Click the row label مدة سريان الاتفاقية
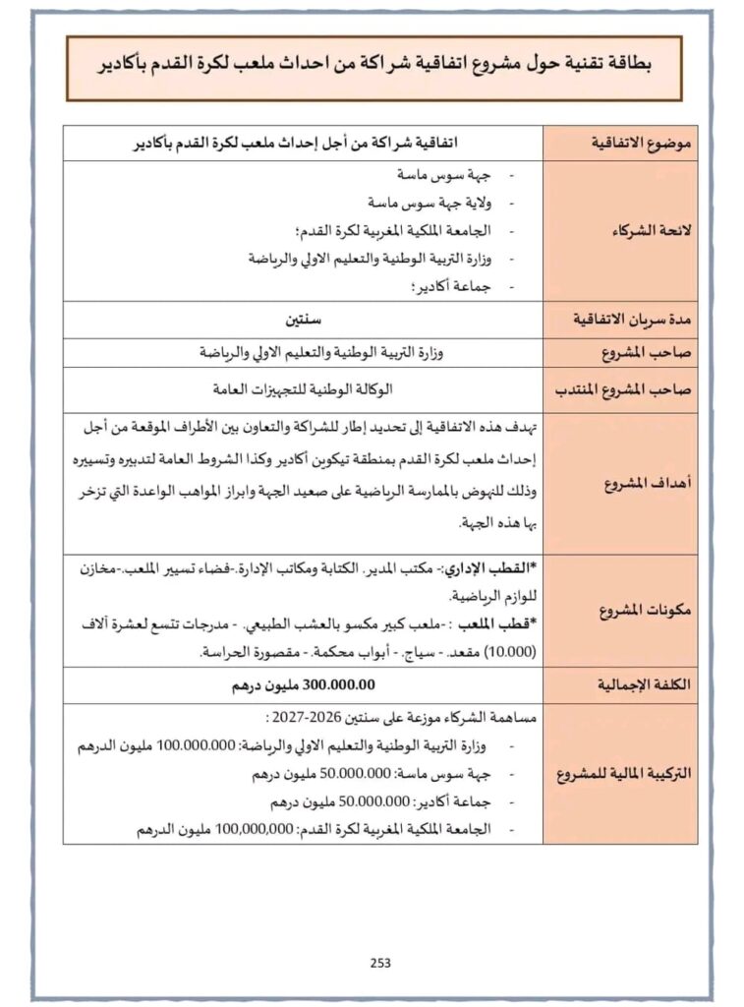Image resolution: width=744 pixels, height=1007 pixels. tap(635, 321)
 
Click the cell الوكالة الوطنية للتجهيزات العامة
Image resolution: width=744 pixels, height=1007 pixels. tap(303, 387)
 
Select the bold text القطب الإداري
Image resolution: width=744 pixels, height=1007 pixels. tap(490, 569)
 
